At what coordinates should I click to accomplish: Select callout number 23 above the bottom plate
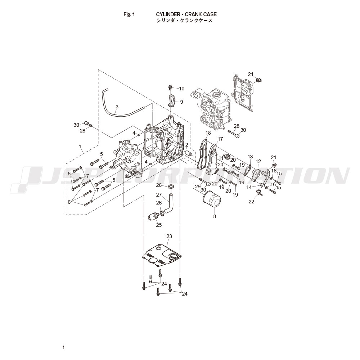point(169,237)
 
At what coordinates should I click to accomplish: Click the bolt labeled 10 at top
point(171,87)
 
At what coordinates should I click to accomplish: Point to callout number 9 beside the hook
point(181,102)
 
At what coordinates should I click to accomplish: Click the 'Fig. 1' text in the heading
point(129,14)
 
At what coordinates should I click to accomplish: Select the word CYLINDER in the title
point(167,14)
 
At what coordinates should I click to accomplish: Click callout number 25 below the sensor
point(159,225)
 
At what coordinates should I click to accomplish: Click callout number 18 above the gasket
point(208,133)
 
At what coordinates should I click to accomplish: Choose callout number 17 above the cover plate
point(220,139)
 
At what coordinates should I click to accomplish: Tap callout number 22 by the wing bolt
point(251,202)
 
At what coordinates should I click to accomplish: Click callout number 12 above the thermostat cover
point(258,161)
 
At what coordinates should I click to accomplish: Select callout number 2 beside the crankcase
point(187,145)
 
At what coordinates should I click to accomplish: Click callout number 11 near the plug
point(221,158)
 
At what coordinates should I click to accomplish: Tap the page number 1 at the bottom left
point(63,347)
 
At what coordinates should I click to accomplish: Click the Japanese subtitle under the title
point(184,21)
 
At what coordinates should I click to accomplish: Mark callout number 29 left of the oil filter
point(198,186)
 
